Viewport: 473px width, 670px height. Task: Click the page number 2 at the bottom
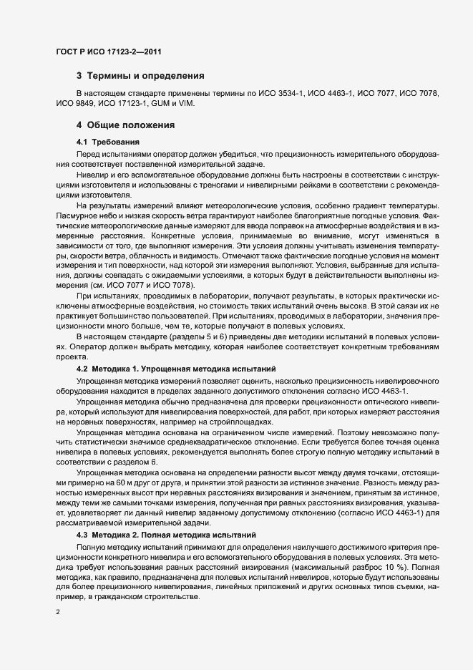[58, 612]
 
